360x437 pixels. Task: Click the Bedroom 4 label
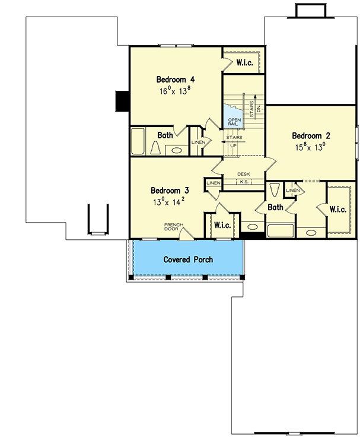click(x=176, y=80)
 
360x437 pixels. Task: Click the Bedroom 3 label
click(x=170, y=191)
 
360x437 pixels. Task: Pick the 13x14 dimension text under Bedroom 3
click(x=170, y=202)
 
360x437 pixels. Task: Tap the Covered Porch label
click(x=188, y=259)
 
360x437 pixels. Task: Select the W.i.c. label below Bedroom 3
click(x=222, y=225)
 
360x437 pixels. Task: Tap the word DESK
click(x=243, y=174)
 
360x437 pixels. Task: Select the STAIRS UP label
click(x=233, y=141)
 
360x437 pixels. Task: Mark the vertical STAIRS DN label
click(x=255, y=107)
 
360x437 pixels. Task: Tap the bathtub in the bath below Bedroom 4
click(x=138, y=142)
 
